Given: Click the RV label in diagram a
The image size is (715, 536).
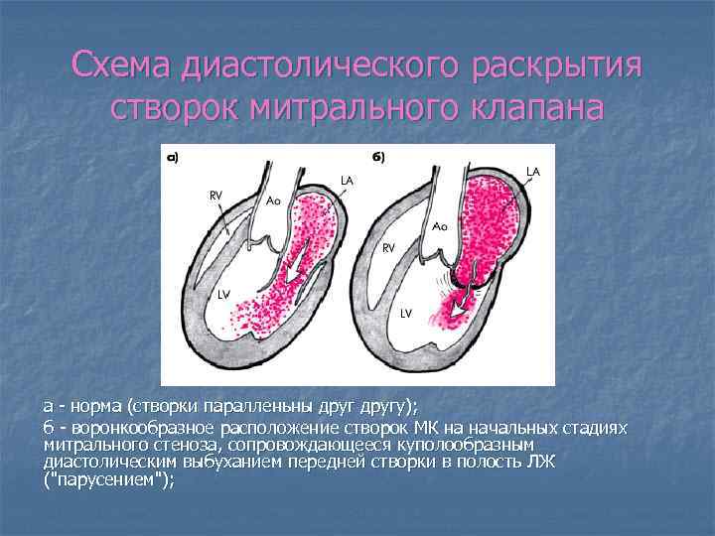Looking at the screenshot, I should click(x=214, y=196).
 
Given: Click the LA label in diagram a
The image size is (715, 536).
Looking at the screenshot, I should click(x=347, y=180).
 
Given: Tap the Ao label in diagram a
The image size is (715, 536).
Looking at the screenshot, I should click(x=273, y=200).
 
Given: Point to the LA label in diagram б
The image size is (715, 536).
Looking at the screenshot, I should click(x=532, y=171).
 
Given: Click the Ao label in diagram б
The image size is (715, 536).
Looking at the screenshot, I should click(x=439, y=226).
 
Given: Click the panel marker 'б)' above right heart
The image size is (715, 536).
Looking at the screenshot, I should click(x=378, y=157).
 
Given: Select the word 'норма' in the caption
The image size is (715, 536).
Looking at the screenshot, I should click(x=90, y=406).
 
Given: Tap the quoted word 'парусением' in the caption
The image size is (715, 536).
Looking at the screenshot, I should click(x=109, y=479).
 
